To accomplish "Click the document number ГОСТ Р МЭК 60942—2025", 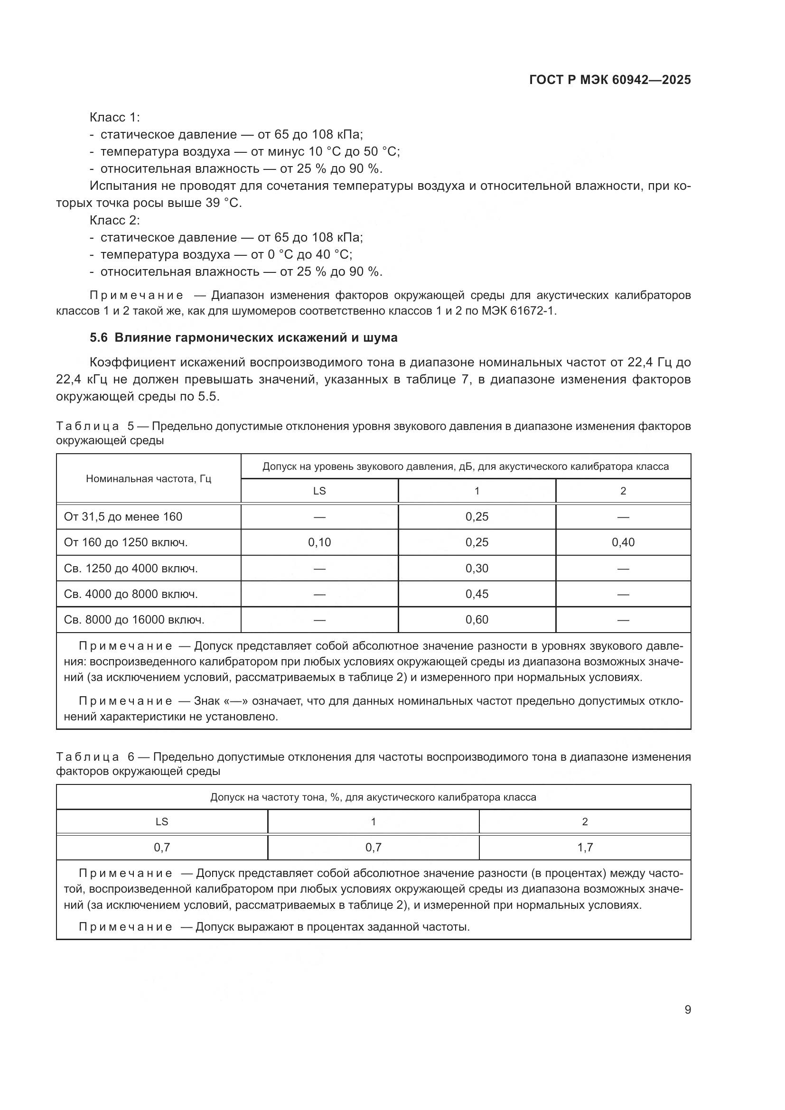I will [610, 80].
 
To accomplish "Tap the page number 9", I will [687, 1009].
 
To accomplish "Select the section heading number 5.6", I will [99, 337].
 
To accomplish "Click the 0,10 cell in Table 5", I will [319, 542].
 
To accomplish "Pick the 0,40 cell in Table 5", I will [623, 542].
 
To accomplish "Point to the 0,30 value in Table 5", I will [477, 568].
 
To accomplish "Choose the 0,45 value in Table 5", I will [477, 594].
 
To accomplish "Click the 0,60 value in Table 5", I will [477, 619].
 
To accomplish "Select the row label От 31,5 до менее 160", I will [123, 517].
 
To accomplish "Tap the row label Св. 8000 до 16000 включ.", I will [134, 619].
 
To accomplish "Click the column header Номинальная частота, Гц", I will [149, 479].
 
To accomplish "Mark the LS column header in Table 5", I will [319, 491].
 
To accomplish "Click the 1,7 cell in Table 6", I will [585, 847].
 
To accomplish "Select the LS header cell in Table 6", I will [162, 821].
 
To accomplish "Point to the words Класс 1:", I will [114, 117].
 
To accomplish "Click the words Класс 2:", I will [114, 220].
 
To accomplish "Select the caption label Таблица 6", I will [87, 756].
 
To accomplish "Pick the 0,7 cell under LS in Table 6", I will [162, 847].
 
